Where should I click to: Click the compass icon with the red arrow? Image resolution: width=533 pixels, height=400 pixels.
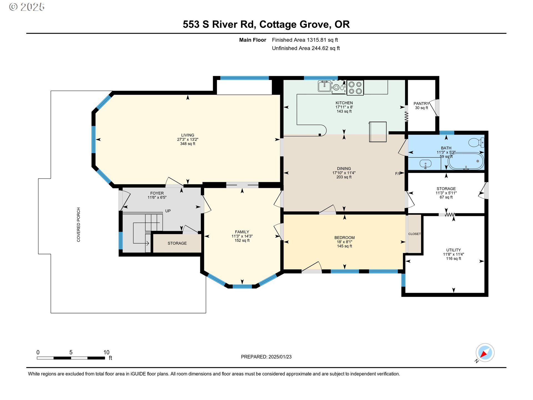[x=485, y=353]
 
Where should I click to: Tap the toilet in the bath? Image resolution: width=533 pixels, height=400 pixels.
[x=476, y=142]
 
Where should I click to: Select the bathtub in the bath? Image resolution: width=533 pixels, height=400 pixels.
[x=466, y=161]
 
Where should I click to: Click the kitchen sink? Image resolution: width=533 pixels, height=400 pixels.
[x=324, y=86]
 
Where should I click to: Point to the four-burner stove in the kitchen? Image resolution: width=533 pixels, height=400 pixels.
[x=355, y=88]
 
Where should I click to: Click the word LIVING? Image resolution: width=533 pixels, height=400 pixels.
[x=188, y=135]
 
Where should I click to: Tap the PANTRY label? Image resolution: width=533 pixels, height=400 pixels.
[x=421, y=104]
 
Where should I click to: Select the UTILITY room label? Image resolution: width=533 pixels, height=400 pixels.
[x=454, y=250]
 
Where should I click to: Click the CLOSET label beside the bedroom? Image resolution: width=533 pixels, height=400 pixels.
[x=414, y=234]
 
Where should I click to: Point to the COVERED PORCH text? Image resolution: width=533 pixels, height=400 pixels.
[x=79, y=225]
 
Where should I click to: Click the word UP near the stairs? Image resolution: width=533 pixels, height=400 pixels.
[x=168, y=211]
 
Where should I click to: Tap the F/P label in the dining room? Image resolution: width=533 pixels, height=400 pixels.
[x=398, y=174]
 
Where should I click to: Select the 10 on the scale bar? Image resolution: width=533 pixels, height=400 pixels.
[x=106, y=352]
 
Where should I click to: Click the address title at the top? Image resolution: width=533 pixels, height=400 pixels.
[x=266, y=24]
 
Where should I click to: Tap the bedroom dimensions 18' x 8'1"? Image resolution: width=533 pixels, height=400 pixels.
[x=345, y=242]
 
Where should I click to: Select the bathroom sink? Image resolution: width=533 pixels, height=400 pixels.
[x=425, y=163]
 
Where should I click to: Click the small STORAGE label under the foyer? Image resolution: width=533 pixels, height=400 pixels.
[x=177, y=243]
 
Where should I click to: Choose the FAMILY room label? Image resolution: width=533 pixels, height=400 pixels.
[x=242, y=232]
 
